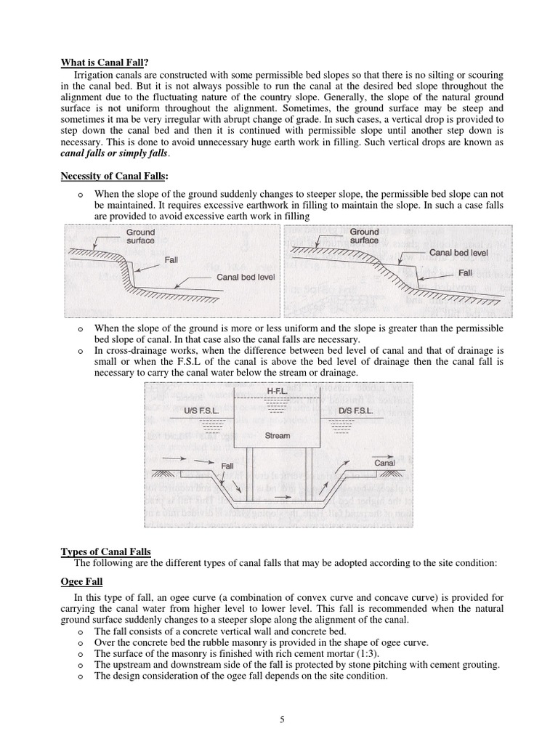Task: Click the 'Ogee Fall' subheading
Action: (x=81, y=583)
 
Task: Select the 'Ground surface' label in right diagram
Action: (x=364, y=235)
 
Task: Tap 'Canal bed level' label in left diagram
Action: (x=246, y=278)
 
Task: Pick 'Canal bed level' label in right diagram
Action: (x=458, y=253)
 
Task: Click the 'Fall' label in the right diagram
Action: (x=465, y=273)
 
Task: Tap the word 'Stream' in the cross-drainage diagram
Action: (x=277, y=436)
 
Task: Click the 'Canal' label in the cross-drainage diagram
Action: (x=384, y=462)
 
